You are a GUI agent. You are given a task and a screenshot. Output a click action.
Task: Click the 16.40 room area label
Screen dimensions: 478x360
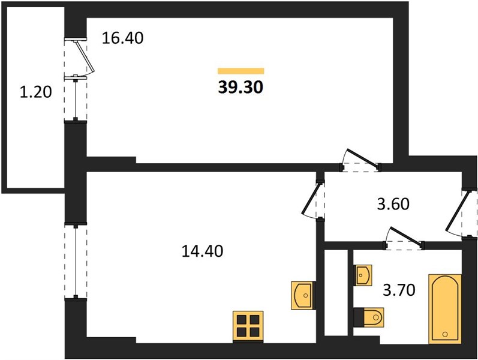[x=122, y=38]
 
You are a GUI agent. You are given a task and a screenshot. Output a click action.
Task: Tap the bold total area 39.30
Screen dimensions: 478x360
[x=240, y=88]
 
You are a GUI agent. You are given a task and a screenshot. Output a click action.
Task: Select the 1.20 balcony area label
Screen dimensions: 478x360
[x=35, y=92]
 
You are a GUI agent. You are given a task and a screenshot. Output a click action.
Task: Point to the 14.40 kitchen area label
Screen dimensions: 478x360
[x=203, y=251]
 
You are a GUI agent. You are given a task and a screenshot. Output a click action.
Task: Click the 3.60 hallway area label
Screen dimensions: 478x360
[x=393, y=204]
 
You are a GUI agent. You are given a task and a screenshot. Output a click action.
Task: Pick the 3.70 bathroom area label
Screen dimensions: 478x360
[x=399, y=290]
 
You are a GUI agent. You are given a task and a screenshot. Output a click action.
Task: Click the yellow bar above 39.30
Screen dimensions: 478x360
[x=241, y=71]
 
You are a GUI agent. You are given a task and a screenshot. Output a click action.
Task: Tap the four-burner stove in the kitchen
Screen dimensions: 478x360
[x=248, y=326]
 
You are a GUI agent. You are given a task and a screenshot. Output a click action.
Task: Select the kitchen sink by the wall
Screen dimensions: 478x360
[x=302, y=295]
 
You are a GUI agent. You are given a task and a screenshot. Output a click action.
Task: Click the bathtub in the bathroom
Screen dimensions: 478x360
[x=445, y=309]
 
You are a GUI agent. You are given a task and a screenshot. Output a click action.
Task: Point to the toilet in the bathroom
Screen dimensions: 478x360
[x=369, y=317]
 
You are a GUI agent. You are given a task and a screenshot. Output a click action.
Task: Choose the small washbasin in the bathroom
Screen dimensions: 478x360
[x=363, y=275]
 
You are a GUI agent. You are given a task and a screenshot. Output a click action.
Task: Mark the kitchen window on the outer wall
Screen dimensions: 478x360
[x=76, y=261]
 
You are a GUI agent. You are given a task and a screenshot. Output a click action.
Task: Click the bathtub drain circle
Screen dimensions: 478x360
[x=445, y=334]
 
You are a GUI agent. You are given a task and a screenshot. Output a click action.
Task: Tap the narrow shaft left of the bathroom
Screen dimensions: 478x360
[x=336, y=293]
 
